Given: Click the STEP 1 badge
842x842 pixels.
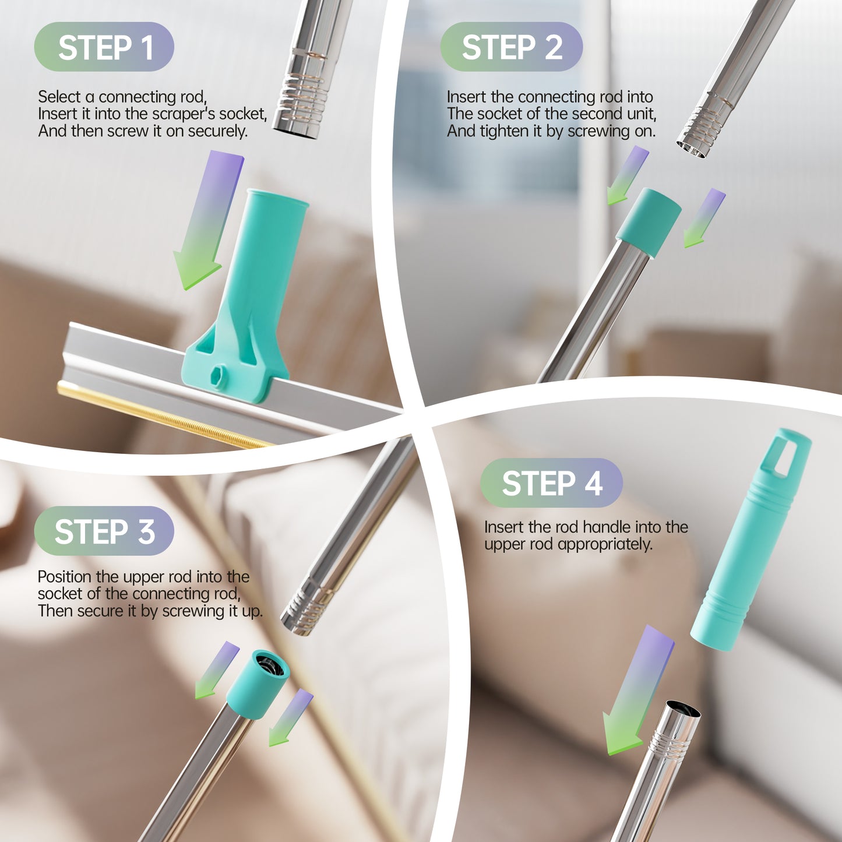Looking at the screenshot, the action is pos(104,47).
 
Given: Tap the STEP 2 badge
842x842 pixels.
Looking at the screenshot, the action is pos(512,47).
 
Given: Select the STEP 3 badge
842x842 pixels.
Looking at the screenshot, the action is pos(104,531).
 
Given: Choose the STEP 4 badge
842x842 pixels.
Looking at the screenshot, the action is pos(551,483).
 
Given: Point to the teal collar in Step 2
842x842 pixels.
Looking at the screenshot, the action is pos(649,222).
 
